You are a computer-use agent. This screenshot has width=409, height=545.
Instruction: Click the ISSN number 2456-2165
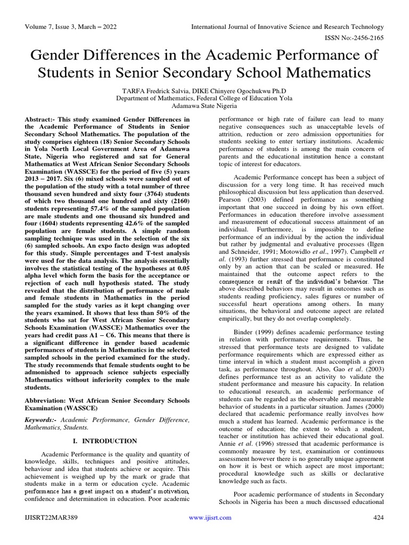point(365,38)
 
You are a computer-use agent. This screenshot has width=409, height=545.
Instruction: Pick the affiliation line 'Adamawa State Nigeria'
point(204,106)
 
